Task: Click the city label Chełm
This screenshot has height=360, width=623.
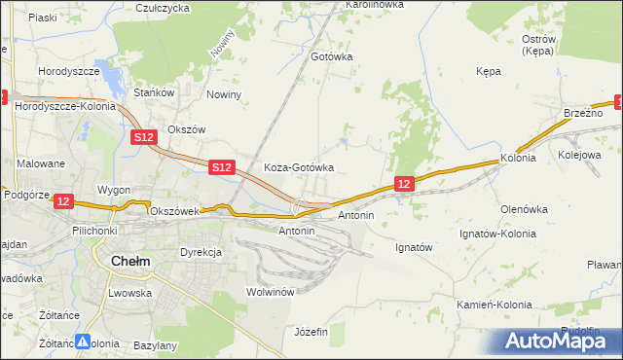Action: tap(130, 261)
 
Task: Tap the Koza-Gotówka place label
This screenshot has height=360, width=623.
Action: tap(299, 167)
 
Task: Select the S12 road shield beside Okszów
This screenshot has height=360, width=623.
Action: tap(144, 138)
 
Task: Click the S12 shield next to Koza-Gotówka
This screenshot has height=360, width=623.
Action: tap(222, 168)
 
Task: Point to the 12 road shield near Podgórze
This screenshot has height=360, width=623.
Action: tap(63, 201)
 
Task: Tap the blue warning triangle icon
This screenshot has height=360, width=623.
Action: tap(84, 342)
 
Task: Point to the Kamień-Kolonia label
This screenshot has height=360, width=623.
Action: tap(495, 305)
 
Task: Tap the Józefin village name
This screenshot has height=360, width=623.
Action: tap(311, 332)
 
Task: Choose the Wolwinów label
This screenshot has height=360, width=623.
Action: tap(271, 292)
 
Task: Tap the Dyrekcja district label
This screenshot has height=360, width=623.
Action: tap(202, 252)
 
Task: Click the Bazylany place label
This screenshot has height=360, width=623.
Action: tap(155, 345)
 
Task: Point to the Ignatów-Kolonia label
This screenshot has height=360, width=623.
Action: tap(499, 234)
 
